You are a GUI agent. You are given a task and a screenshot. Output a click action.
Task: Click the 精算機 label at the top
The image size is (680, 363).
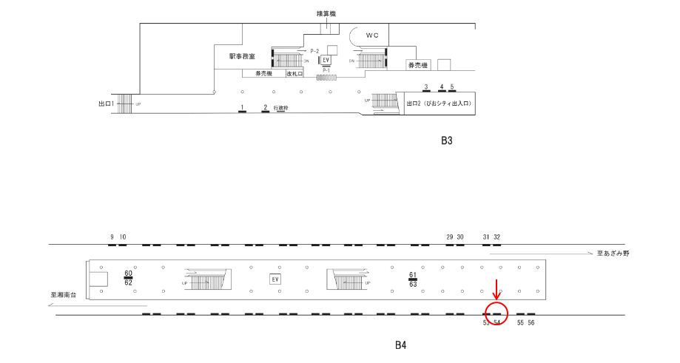click(x=326, y=13)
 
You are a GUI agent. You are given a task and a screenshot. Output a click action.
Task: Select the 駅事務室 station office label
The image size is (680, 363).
click(x=243, y=56)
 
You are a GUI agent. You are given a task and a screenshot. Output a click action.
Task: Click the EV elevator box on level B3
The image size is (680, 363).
click(x=325, y=61)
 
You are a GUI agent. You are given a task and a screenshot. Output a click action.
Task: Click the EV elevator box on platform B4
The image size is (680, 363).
click(x=275, y=279)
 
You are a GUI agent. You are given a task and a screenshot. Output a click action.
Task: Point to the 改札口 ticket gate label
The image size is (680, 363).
click(x=296, y=74)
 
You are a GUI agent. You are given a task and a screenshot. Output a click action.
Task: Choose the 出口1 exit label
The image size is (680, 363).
click(x=107, y=104)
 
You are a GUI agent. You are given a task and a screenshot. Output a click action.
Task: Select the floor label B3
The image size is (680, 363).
click(x=446, y=140)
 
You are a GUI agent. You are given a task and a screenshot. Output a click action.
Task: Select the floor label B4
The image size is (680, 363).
click(x=400, y=345)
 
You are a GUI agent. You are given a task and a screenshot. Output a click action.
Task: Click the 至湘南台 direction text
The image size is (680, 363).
click(x=64, y=295)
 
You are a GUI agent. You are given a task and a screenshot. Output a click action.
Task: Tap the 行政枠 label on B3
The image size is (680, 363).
click(x=280, y=108)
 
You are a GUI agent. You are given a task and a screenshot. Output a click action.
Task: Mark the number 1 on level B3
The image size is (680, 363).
click(x=242, y=108)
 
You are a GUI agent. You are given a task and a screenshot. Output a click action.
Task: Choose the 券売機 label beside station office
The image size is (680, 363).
click(x=264, y=74)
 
